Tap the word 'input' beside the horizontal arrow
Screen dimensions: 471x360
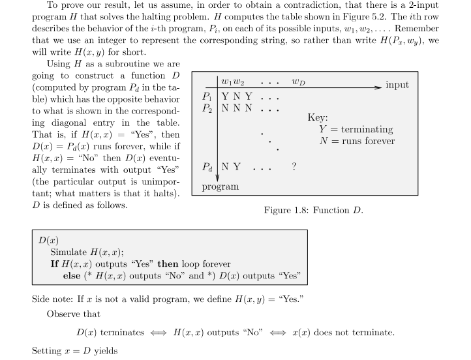click(397, 85)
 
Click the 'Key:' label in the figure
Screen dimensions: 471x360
click(317, 117)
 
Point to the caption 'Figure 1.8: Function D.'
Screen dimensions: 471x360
click(313, 210)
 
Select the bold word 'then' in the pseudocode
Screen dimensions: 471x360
click(168, 264)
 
